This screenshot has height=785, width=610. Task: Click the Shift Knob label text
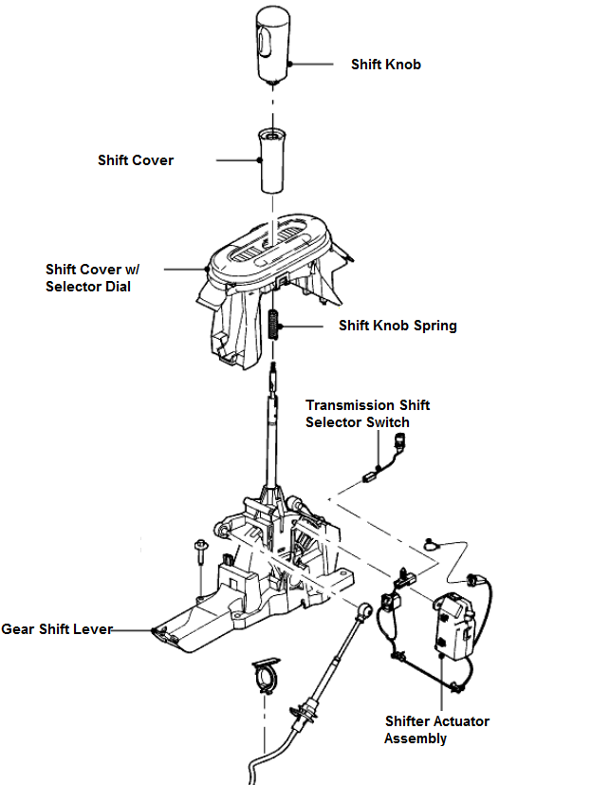tap(385, 65)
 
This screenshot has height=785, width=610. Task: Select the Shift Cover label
tap(136, 160)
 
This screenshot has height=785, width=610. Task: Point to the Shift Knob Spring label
tap(397, 326)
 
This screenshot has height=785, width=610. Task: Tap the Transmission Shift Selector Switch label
tap(367, 413)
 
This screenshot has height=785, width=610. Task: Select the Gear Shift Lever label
tap(57, 629)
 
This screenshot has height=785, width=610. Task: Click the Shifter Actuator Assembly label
tap(436, 729)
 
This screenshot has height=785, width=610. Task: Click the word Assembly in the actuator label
tap(416, 738)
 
